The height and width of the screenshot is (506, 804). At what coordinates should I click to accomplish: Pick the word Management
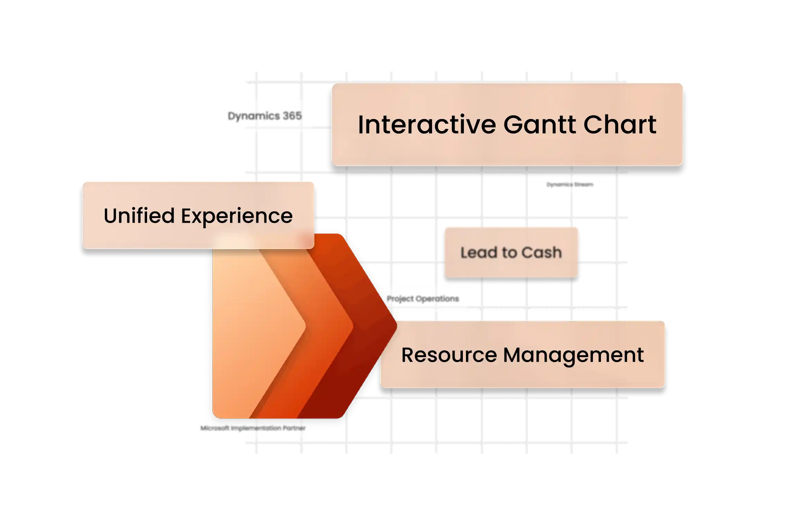(574, 356)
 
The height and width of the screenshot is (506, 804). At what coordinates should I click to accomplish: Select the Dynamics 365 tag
(265, 116)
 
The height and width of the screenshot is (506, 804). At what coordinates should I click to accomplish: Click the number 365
(292, 116)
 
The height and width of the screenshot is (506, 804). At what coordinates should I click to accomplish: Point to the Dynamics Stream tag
(570, 185)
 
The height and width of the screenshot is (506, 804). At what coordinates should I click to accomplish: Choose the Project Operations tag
(423, 299)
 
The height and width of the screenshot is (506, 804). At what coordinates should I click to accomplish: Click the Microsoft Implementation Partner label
(253, 428)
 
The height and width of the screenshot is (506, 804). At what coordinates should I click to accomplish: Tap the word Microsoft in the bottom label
(215, 428)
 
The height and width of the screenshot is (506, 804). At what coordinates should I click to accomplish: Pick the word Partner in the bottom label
(294, 428)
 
